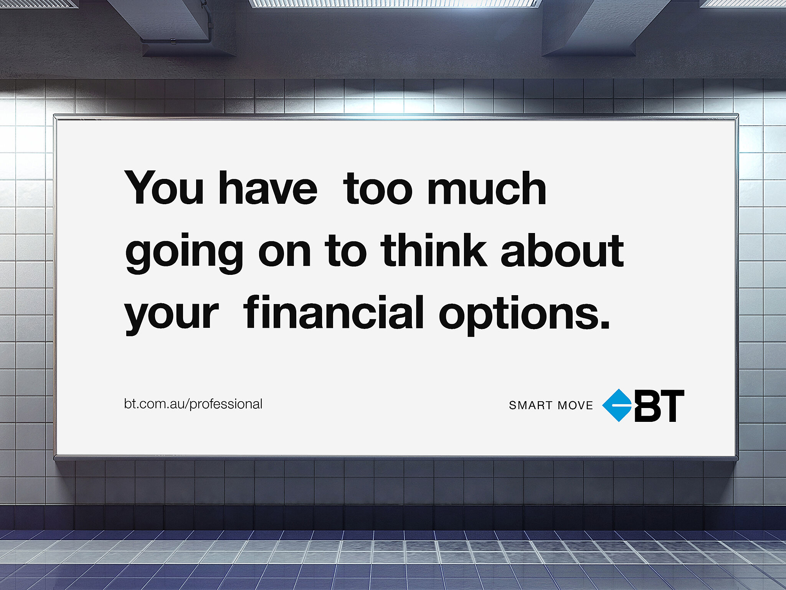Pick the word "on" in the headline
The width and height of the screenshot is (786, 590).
[284, 253]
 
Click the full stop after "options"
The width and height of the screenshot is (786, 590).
[605, 324]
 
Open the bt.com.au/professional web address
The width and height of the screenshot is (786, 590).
[193, 404]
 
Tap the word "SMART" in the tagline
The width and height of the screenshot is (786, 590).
[530, 405]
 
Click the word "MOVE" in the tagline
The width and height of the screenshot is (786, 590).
[575, 405]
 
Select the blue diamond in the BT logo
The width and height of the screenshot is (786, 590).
[617, 405]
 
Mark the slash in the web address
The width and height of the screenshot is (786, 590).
[188, 404]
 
